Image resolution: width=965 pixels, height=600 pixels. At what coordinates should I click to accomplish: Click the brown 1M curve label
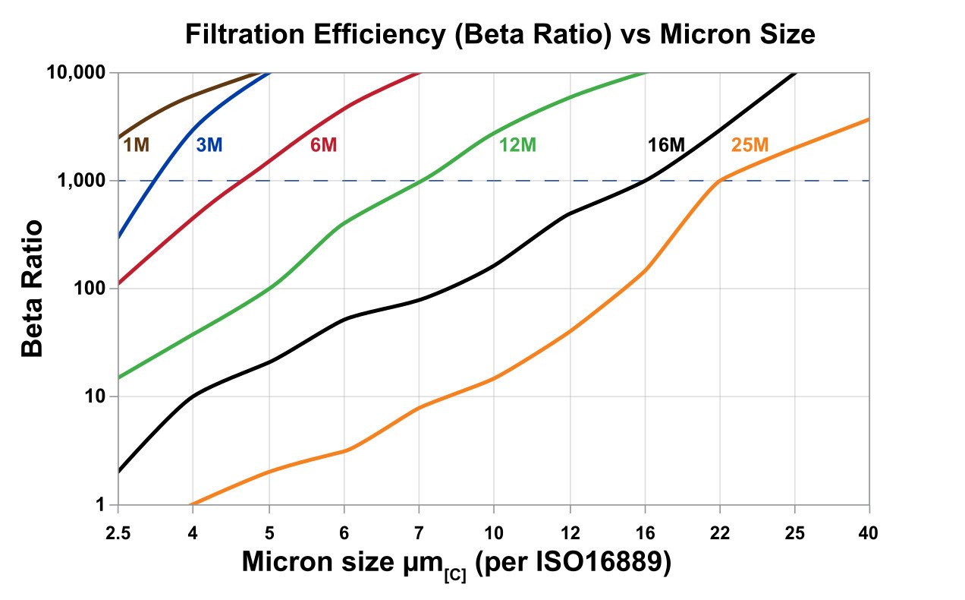click(x=137, y=144)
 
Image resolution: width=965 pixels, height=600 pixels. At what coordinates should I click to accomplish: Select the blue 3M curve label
click(x=209, y=144)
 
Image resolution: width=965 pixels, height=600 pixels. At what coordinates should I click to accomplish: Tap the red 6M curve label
click(x=323, y=144)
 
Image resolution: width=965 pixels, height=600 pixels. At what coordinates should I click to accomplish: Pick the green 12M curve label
click(x=518, y=144)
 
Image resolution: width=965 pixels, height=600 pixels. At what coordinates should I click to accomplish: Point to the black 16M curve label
click(x=666, y=144)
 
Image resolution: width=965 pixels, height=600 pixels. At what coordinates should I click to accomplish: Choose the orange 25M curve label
click(x=750, y=144)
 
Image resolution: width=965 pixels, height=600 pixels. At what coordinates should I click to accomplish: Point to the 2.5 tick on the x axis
click(x=118, y=532)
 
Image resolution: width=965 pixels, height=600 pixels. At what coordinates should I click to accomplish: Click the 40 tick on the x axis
click(x=869, y=532)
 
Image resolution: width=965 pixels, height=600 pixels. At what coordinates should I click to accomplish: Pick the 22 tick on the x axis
click(x=719, y=532)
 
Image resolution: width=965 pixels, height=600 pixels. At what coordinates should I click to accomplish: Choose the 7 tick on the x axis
click(x=419, y=532)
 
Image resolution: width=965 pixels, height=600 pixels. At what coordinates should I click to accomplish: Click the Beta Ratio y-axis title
click(x=33, y=289)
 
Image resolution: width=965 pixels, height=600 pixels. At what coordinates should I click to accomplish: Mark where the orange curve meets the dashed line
click(x=719, y=181)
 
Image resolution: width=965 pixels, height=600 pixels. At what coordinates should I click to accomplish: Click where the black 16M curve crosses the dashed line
click(x=645, y=181)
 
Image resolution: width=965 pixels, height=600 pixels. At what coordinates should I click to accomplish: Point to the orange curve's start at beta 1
click(x=191, y=504)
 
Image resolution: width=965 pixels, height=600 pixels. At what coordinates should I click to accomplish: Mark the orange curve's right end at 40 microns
click(x=869, y=119)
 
